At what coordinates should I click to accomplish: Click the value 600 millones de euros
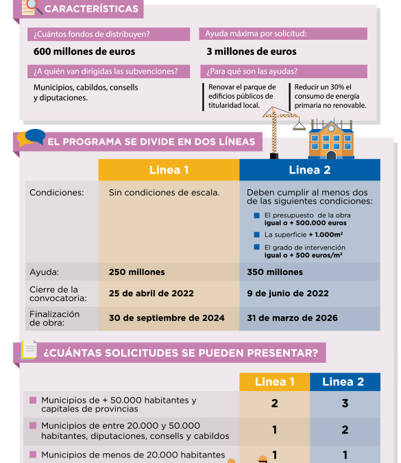[84, 51]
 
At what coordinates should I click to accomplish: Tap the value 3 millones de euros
[252, 51]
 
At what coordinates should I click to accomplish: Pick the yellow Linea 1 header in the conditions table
[169, 170]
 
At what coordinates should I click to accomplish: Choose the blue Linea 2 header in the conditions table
[309, 170]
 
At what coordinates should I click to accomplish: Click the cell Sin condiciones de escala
[165, 193]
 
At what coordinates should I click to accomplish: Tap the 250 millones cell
[136, 272]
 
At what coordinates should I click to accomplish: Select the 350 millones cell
[275, 272]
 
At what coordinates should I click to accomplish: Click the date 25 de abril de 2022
[151, 294]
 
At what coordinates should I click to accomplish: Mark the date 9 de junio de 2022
[288, 294]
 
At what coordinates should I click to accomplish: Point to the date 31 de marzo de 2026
[292, 318]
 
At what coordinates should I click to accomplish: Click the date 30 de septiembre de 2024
[167, 318]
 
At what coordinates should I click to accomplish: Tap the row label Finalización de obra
[55, 318]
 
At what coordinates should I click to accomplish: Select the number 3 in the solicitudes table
[345, 403]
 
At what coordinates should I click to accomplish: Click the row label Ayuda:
[45, 272]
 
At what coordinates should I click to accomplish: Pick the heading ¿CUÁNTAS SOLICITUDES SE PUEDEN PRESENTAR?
[180, 353]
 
